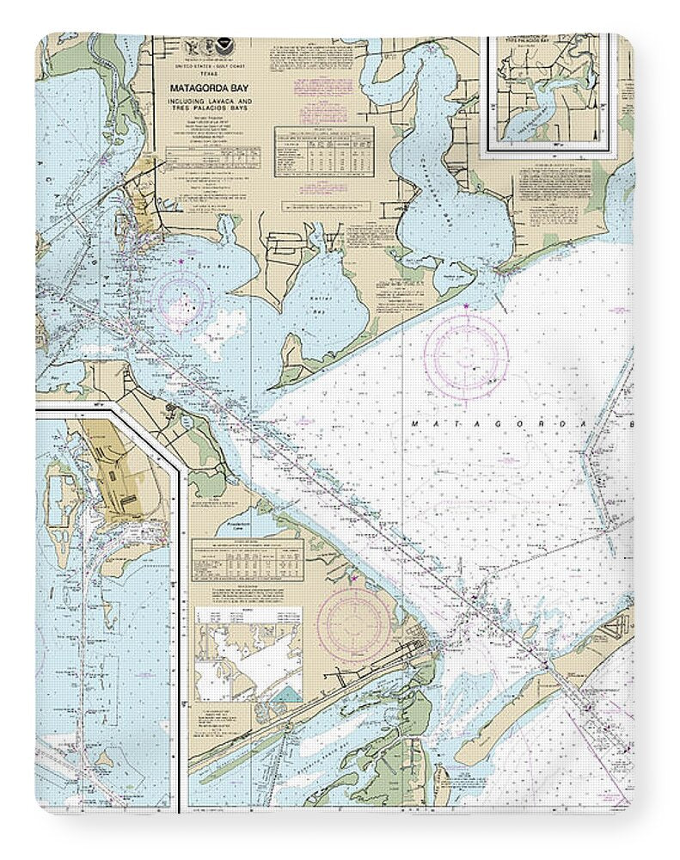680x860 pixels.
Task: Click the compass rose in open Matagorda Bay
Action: pos(466,353)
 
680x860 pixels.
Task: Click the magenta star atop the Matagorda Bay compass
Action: pos(466,306)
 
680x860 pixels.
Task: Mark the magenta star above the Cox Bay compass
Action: pos(181,261)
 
